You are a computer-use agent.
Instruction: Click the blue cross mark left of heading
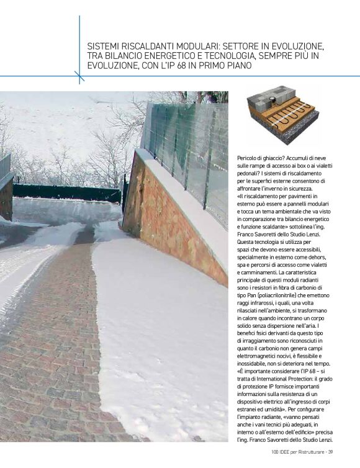tap(79, 76)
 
